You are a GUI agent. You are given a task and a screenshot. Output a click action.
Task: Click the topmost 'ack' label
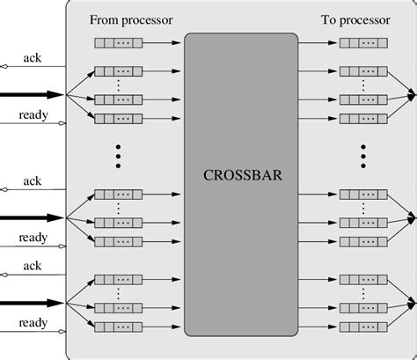coord(33,58)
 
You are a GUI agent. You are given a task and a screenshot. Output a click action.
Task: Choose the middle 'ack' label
coord(33,180)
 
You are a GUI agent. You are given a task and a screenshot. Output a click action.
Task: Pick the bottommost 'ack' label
coord(33,265)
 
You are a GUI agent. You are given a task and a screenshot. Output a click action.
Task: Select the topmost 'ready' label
coord(33,115)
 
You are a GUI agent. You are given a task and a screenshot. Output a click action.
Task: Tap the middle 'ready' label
coord(33,237)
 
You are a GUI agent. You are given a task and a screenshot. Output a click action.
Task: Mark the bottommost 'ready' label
coord(33,322)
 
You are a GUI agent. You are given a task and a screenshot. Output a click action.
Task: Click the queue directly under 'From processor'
coord(117,41)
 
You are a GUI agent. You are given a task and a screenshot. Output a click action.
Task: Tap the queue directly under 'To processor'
coord(363,41)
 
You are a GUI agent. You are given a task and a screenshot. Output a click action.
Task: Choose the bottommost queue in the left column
coord(117,327)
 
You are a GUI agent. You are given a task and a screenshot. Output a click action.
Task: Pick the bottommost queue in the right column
coord(363,327)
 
